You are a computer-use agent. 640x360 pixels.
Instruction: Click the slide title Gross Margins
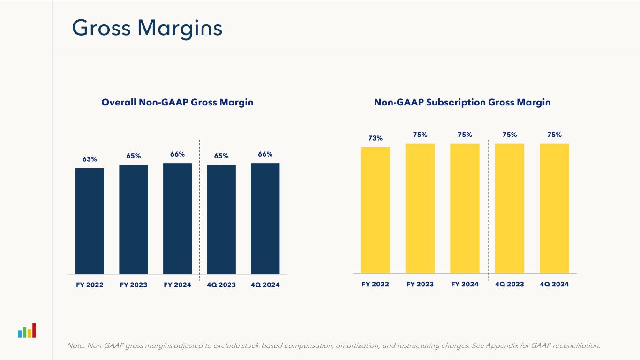(x=147, y=29)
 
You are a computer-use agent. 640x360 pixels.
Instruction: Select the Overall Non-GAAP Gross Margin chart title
(x=177, y=102)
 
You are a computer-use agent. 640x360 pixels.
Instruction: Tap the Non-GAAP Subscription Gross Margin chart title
(x=462, y=102)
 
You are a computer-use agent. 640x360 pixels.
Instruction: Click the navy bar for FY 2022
(x=90, y=220)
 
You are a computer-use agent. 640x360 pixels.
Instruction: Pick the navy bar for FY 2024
(x=177, y=218)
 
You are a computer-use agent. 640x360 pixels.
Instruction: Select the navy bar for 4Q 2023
(x=221, y=219)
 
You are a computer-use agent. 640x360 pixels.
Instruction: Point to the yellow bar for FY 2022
(x=375, y=210)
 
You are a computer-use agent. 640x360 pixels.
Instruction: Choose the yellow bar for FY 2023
(x=420, y=208)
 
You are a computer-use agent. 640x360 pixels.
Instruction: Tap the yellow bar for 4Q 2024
(x=554, y=208)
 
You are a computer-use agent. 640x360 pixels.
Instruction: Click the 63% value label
(x=90, y=159)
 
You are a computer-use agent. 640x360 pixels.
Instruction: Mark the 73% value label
(x=375, y=138)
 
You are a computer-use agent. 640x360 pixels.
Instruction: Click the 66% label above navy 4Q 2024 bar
(x=265, y=154)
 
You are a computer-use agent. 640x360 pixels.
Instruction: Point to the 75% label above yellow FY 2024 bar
(x=465, y=135)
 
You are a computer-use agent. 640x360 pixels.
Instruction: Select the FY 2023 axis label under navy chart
(x=134, y=285)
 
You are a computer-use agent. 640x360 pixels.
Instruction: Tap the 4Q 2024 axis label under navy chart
(x=265, y=285)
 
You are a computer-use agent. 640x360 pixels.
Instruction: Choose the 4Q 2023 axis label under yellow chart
(x=509, y=284)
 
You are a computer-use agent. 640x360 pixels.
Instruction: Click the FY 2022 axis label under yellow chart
(x=375, y=284)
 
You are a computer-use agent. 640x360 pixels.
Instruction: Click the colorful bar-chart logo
(x=27, y=330)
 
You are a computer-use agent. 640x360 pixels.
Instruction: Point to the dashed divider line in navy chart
(x=200, y=206)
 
